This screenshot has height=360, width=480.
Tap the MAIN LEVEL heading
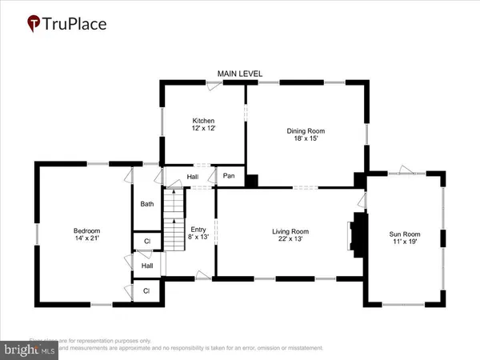(x=240, y=74)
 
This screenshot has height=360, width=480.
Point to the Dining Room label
(x=306, y=130)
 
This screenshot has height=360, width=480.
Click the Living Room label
(x=290, y=231)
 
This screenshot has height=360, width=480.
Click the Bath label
(x=147, y=204)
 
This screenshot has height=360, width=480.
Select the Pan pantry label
(x=229, y=176)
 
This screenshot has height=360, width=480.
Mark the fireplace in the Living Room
(x=357, y=232)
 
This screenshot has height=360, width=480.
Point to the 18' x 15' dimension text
(x=306, y=139)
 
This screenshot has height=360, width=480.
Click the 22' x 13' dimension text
(x=290, y=240)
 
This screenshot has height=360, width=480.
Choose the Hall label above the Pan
(x=192, y=177)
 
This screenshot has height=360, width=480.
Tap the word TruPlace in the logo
(x=78, y=24)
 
